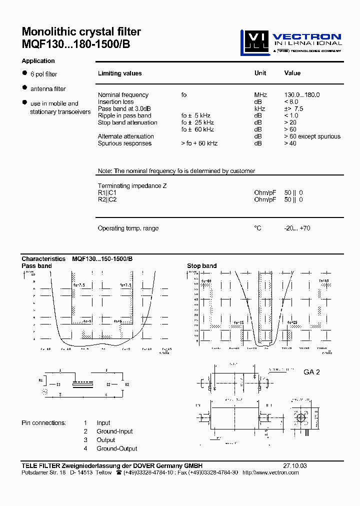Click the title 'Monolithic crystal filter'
[x=81, y=32]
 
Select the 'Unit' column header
[x=260, y=73]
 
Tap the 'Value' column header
[x=292, y=73]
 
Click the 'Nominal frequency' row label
[x=123, y=95]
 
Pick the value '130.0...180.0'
[x=301, y=95]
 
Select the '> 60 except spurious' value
[x=312, y=136]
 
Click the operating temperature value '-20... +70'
[x=297, y=228]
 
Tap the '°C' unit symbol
[x=257, y=228]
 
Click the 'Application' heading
[x=38, y=61]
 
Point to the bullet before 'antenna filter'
[x=24, y=88]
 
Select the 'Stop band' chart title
[x=201, y=265]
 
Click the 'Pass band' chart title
[x=36, y=265]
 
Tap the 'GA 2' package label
[x=311, y=372]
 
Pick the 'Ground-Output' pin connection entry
[x=117, y=448]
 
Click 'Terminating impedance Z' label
[x=132, y=185]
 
